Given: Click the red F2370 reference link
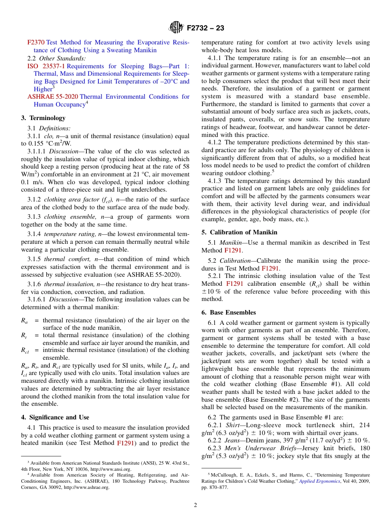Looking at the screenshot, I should (x=36, y=42).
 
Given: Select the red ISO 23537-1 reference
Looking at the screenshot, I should (x=46, y=66).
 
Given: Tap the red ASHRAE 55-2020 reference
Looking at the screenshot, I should (x=52, y=97).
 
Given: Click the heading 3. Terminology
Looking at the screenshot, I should (x=43, y=118).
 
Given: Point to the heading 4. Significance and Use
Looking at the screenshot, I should (x=55, y=417).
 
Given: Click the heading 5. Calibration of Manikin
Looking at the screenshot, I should (x=239, y=232).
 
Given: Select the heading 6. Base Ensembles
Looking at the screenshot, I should (x=228, y=312).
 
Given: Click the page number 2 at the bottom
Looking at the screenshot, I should (x=195, y=505).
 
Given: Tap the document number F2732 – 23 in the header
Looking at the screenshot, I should (x=205, y=28).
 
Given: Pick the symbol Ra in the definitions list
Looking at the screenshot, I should (x=24, y=320).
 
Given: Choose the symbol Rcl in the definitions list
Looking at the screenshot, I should (x=25, y=350).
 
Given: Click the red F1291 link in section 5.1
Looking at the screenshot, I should (x=233, y=250).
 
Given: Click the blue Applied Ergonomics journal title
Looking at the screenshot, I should (x=319, y=481).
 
